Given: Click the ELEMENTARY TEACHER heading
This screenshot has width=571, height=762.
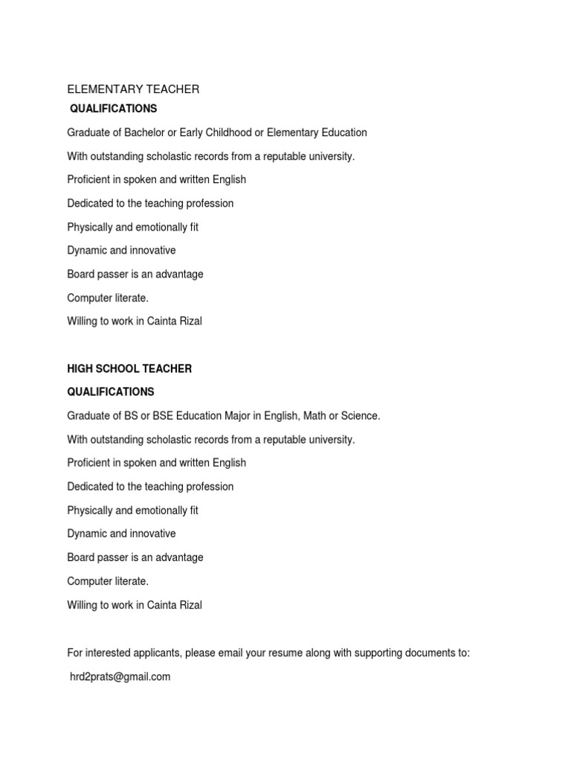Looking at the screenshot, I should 133,89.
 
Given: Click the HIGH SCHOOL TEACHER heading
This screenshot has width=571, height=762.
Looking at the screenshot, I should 129,368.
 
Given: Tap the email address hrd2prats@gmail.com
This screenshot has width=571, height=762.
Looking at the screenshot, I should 120,676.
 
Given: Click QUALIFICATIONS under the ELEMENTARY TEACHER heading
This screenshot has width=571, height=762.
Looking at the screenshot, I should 113,109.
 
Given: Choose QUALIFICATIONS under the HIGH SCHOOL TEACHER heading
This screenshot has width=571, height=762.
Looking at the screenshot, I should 111,391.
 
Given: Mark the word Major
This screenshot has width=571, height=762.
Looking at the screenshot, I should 250,416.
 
